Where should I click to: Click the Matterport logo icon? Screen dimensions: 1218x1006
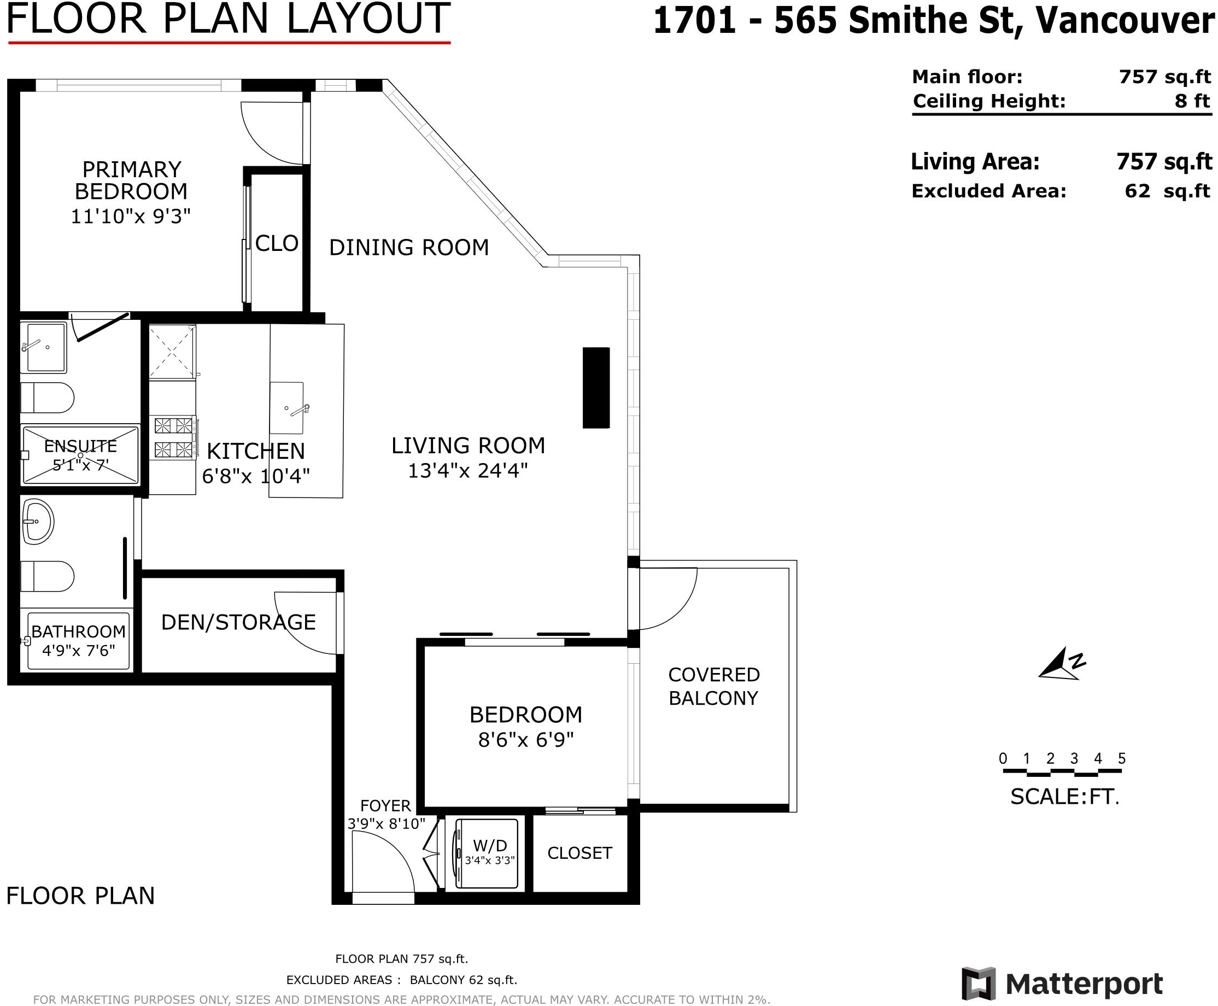pos(979,983)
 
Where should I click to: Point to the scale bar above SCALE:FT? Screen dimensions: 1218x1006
pos(1062,773)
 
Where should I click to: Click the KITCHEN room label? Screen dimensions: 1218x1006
pos(255,451)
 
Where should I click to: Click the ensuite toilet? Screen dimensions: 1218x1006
pos(47,398)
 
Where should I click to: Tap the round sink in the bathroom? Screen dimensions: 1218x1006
pos(38,522)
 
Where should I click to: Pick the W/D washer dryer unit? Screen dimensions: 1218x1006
pos(486,853)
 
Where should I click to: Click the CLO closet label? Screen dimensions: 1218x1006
pos(277,243)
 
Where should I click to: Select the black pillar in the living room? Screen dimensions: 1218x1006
pos(596,388)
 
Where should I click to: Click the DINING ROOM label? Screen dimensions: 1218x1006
pos(409,248)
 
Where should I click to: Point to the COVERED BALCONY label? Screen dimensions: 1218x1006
pos(713,686)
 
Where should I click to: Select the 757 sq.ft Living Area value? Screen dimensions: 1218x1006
pos(1164,162)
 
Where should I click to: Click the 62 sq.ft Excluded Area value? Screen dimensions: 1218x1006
pos(1167,191)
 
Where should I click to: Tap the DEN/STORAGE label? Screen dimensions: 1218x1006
pos(238,622)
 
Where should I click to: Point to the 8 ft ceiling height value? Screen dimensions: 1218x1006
pos(1192,101)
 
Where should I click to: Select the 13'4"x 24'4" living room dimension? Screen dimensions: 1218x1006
pos(467,471)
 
